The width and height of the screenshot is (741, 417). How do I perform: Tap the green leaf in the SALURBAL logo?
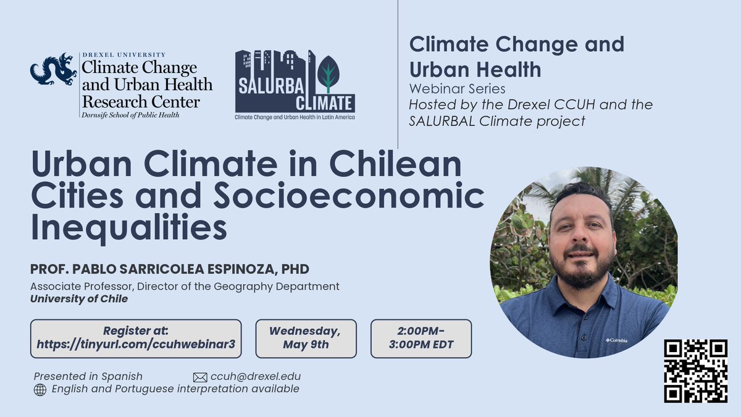tap(328, 75)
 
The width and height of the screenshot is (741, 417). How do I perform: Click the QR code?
tap(695, 371)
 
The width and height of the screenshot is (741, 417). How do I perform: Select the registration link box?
tap(135, 338)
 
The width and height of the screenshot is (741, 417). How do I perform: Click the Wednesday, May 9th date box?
tap(306, 338)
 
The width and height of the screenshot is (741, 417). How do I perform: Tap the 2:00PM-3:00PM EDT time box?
tap(421, 338)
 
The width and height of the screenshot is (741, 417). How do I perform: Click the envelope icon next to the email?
tap(200, 377)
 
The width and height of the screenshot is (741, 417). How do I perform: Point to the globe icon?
tap(40, 390)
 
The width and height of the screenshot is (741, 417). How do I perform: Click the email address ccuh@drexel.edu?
tap(256, 376)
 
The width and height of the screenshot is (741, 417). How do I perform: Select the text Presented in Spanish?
tap(88, 376)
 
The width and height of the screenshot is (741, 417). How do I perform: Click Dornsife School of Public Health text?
tap(130, 115)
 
